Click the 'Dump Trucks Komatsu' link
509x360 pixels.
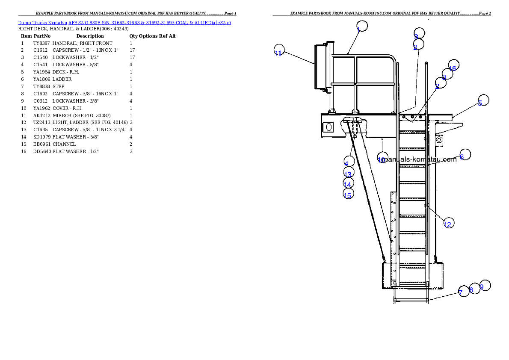click(x=42, y=23)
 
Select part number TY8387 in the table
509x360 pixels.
click(x=41, y=43)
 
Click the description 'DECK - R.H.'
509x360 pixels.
click(x=66, y=72)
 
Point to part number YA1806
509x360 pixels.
click(x=41, y=79)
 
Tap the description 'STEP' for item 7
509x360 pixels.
click(x=59, y=87)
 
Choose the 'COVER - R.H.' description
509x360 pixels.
click(x=68, y=109)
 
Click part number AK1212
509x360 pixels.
click(x=42, y=115)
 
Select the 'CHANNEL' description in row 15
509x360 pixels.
click(x=64, y=144)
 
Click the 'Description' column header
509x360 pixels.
click(x=90, y=36)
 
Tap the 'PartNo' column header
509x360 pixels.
click(x=42, y=36)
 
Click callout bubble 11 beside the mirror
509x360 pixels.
click(x=279, y=50)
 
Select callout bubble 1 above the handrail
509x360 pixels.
click(x=362, y=26)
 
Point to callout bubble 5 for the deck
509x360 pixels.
click(x=484, y=100)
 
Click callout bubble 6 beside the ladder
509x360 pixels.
click(x=465, y=154)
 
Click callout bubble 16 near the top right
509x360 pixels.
click(x=454, y=65)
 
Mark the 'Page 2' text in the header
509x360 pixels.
click(x=484, y=13)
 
